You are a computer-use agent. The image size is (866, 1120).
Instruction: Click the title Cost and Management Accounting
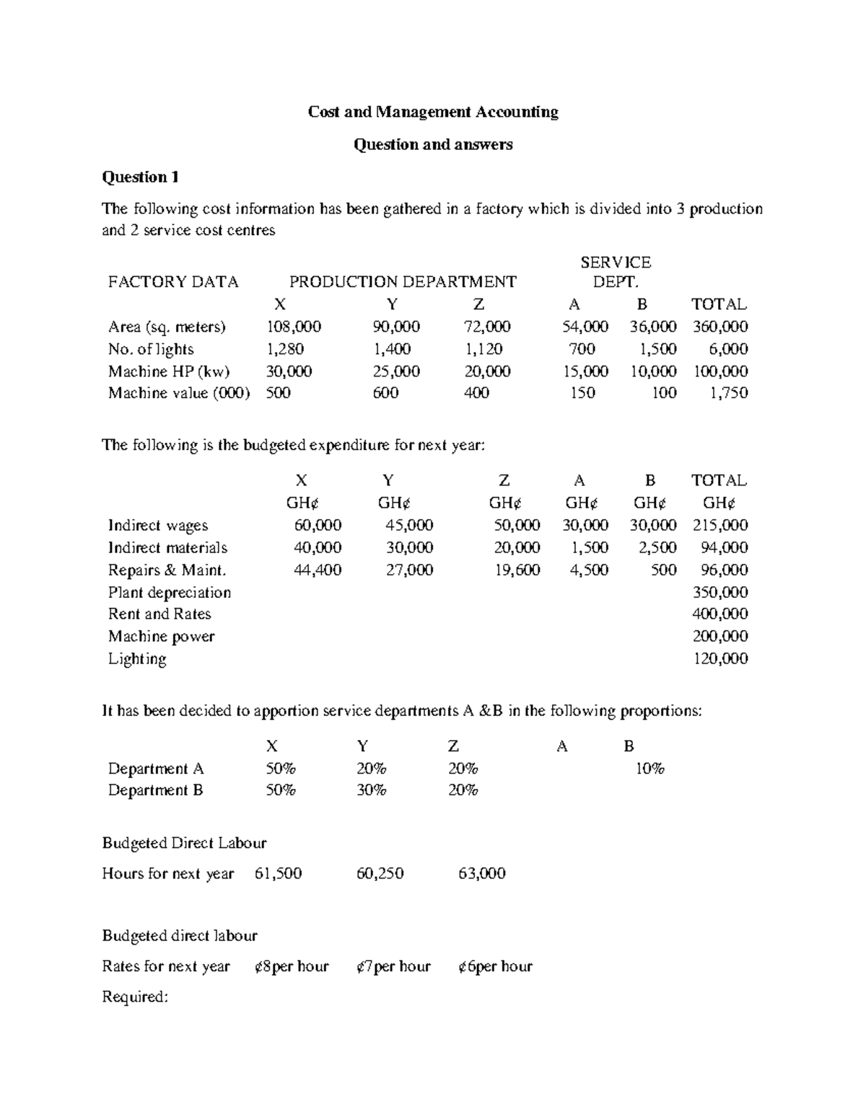[x=433, y=112]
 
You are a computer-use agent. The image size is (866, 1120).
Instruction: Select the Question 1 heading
[x=140, y=177]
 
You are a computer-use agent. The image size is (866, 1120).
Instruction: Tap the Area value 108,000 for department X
[x=294, y=327]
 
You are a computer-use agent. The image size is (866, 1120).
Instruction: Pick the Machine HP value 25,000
[x=396, y=371]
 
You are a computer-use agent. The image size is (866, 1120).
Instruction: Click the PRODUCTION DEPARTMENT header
[x=403, y=282]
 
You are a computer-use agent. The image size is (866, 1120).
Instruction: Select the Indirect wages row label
[x=157, y=525]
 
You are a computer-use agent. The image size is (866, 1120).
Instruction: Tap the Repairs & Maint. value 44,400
[x=318, y=570]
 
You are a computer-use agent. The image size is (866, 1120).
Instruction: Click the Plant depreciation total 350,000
[x=720, y=592]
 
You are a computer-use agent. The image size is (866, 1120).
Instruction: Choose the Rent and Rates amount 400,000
[x=720, y=614]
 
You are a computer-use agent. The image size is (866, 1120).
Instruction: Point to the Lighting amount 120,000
[x=720, y=658]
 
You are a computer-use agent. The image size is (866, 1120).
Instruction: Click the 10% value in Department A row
[x=649, y=769]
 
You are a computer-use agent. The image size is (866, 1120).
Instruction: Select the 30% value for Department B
[x=371, y=790]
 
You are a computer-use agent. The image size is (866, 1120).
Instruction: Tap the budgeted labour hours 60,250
[x=380, y=873]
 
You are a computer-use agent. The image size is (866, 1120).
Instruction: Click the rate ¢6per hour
[x=495, y=966]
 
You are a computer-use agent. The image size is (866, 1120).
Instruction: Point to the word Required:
[x=135, y=997]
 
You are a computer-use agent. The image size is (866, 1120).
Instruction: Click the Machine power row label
[x=161, y=636]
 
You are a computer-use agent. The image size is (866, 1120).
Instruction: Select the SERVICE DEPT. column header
[x=616, y=272]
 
